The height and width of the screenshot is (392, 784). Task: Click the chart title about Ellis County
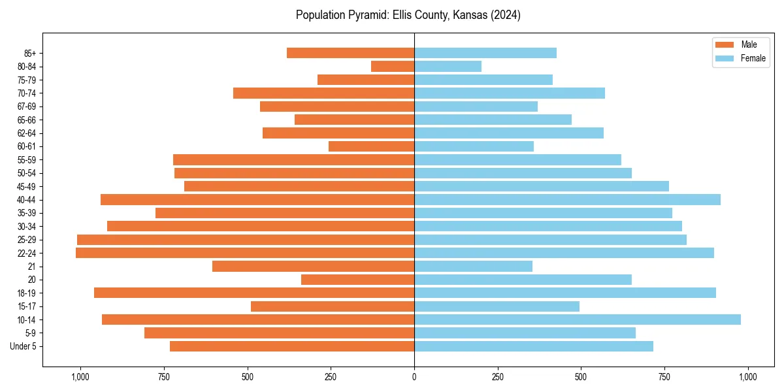[x=408, y=15]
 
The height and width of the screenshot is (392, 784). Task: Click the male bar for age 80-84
[x=393, y=66]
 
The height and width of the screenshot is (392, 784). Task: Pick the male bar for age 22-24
[x=245, y=253]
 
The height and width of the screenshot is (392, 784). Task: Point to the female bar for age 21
[x=473, y=266]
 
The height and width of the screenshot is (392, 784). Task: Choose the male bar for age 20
[x=357, y=280]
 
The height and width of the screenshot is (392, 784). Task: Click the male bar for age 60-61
[x=371, y=146]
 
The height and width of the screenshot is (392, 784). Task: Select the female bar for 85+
[x=485, y=53]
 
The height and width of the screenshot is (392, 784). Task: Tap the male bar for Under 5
[x=292, y=346]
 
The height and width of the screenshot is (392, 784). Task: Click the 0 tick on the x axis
[x=414, y=377]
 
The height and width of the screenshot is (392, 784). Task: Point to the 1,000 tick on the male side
[x=80, y=377]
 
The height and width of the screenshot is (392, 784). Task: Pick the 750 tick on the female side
[x=664, y=377]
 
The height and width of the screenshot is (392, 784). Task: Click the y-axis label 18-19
[x=27, y=293]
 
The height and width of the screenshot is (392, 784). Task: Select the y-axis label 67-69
[x=27, y=106]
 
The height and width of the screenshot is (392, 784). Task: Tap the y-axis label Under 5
[x=24, y=346]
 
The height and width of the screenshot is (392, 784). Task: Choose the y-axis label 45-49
[x=27, y=186]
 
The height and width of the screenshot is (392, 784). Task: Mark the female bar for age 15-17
[x=497, y=306]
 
